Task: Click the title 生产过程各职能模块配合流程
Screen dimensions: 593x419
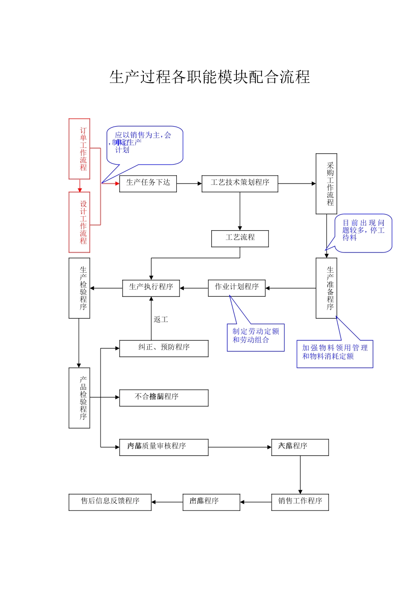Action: click(209, 77)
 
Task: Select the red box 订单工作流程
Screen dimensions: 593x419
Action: click(79, 149)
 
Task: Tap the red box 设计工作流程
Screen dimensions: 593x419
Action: click(79, 222)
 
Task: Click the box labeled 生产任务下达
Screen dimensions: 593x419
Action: click(148, 183)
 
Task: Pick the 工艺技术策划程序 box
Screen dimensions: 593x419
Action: click(239, 183)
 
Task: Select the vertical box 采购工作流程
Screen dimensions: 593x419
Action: click(326, 184)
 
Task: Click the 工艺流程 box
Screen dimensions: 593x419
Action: click(240, 238)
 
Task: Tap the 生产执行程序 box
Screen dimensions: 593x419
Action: click(151, 288)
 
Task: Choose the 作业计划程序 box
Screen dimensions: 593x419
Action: click(236, 288)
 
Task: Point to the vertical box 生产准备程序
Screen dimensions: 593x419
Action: click(326, 288)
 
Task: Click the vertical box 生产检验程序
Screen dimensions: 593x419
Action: click(79, 288)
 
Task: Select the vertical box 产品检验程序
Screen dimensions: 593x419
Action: click(79, 398)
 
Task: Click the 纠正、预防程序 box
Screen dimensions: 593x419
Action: click(164, 348)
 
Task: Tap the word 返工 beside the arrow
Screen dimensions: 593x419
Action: click(161, 319)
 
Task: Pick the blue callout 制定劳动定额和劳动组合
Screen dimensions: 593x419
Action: click(256, 337)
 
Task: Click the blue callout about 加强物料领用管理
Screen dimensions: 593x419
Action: click(334, 353)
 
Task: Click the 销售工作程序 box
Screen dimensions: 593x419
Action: click(300, 502)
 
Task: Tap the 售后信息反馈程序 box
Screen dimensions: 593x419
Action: click(110, 502)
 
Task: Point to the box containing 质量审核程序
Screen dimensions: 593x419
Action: click(164, 447)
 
